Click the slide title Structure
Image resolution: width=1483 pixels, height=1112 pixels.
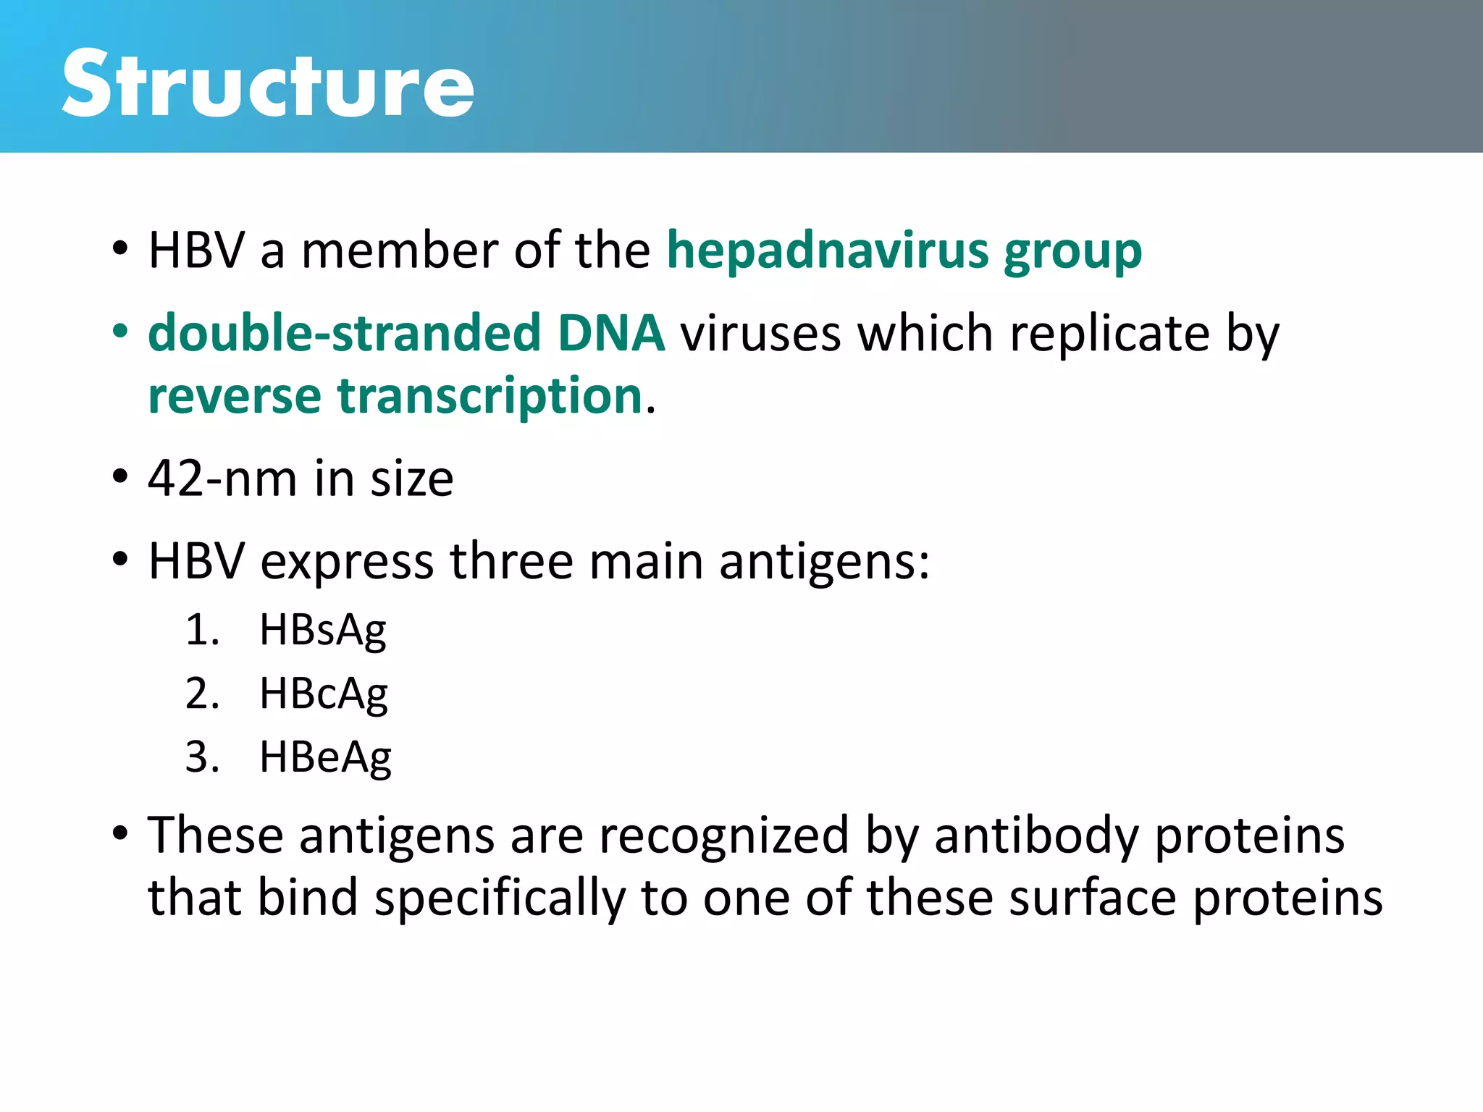pos(268,85)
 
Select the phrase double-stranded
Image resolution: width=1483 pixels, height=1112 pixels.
pos(344,333)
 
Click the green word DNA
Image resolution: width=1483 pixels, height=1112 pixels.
pos(610,333)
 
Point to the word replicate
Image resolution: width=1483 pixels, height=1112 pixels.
pos(1109,334)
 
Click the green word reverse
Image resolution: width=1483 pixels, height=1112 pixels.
pos(235,397)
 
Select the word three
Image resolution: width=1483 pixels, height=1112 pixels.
pos(511,561)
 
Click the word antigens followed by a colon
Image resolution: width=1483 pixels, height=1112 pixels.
pos(823,563)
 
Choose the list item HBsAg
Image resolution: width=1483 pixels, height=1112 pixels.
pos(323,630)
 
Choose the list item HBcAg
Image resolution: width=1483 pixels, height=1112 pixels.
pos(323,694)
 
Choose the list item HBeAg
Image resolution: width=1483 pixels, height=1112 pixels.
pos(325,757)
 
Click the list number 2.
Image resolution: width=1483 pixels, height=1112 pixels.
pos(201,694)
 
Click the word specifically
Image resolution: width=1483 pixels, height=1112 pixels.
pos(500,898)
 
